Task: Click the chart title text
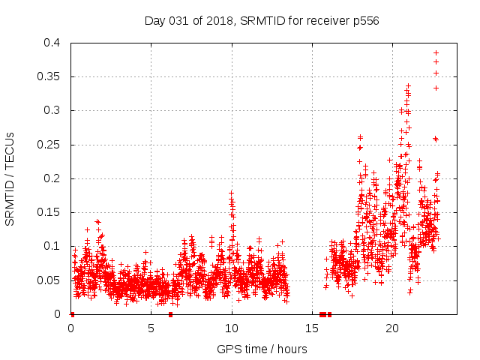point(262,21)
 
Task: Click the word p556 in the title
point(365,21)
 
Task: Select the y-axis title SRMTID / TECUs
point(10,178)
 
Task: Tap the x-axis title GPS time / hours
point(262,349)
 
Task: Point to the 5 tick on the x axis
point(151,328)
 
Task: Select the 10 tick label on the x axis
point(232,328)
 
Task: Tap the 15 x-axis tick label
point(312,328)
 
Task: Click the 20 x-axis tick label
point(392,328)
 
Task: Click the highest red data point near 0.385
point(436,52)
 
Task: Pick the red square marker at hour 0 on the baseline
point(72,313)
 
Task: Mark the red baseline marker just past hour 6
point(170,313)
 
